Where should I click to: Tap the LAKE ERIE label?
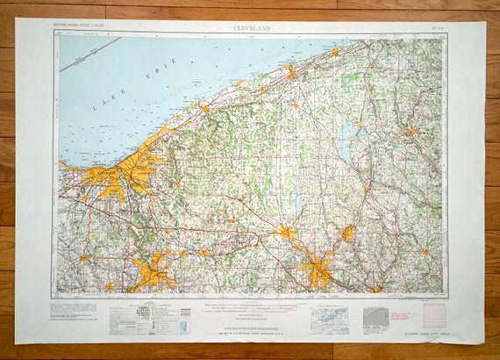131,93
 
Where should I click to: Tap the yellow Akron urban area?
154,270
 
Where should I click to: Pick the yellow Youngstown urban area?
318,270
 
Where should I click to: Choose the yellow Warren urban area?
285,232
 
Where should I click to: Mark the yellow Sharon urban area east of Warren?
347,234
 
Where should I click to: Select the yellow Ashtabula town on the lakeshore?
290,70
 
